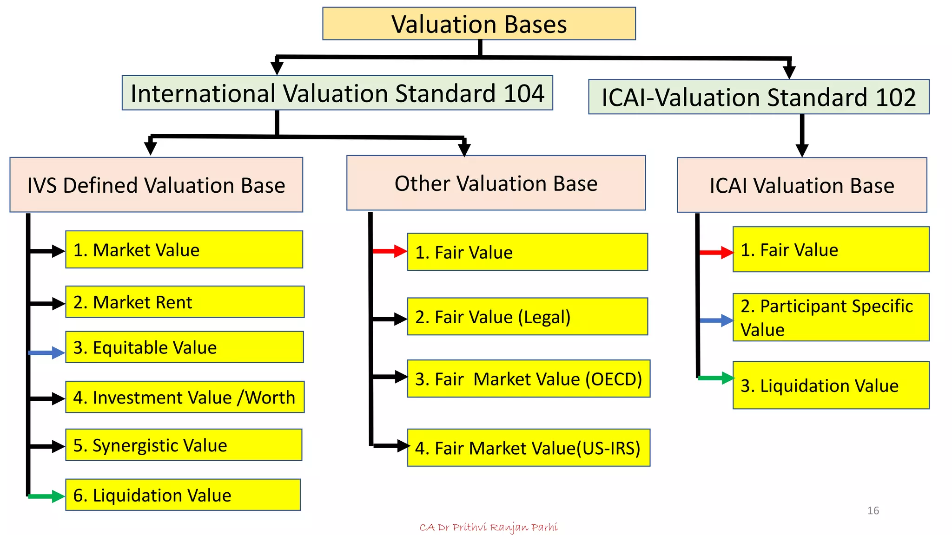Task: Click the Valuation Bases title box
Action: click(x=479, y=24)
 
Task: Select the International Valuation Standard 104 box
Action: click(x=337, y=93)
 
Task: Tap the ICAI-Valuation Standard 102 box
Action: click(x=758, y=97)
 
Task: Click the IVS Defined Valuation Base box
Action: click(x=156, y=185)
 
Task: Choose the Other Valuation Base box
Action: click(x=496, y=183)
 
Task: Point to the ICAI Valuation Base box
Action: click(x=801, y=185)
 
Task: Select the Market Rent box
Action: click(x=185, y=302)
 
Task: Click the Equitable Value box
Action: click(x=185, y=347)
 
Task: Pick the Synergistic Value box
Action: click(x=184, y=445)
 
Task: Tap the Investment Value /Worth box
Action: click(x=185, y=397)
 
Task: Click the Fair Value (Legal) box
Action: click(x=527, y=317)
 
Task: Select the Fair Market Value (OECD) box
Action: click(x=528, y=378)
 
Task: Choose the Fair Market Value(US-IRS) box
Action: click(x=528, y=448)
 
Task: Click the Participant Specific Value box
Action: click(x=831, y=317)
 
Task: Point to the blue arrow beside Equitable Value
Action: click(x=46, y=353)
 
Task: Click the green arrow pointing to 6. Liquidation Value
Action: click(x=46, y=496)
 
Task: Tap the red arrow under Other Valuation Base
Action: click(x=390, y=251)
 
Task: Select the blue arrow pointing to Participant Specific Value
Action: click(x=716, y=320)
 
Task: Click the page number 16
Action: click(x=873, y=510)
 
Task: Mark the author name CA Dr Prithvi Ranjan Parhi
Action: click(x=488, y=527)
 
